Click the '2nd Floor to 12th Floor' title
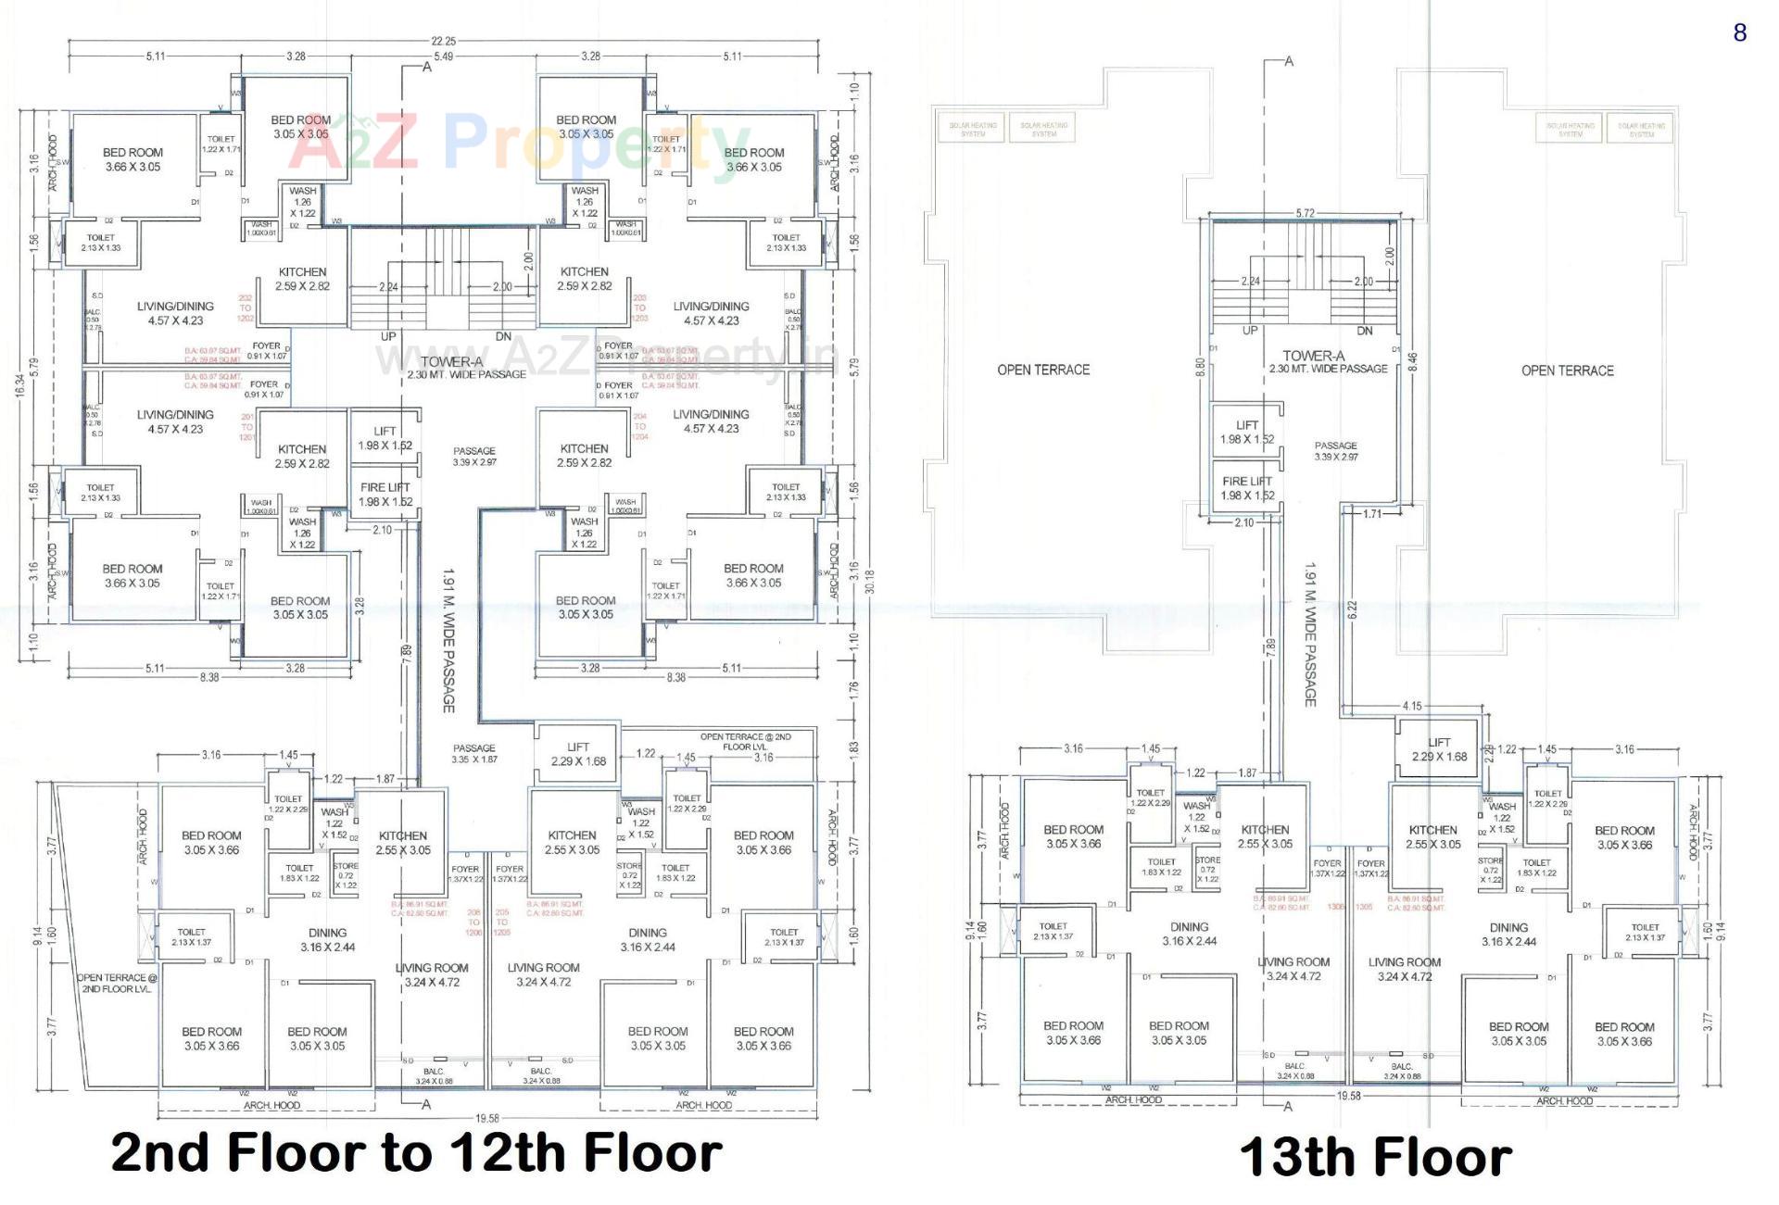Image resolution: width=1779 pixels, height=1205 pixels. [416, 1153]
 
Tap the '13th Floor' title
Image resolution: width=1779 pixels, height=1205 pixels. [1375, 1158]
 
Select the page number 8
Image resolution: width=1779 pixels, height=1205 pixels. [1739, 33]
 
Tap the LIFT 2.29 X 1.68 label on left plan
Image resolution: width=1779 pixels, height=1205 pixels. [577, 754]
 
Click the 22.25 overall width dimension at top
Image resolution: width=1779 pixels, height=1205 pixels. [443, 41]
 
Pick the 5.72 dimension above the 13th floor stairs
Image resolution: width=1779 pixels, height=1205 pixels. [1305, 213]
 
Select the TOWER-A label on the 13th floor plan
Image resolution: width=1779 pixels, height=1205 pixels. [1314, 356]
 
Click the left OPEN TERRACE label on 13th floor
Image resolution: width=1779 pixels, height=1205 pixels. [1043, 370]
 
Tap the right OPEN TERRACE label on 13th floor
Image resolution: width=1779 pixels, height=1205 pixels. [1567, 370]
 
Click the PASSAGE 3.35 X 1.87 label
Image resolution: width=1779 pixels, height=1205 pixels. [474, 753]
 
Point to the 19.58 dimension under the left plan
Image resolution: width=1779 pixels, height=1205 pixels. [486, 1118]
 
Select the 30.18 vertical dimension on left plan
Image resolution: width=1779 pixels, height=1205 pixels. [869, 582]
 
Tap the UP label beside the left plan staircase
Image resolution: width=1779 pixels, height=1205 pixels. [388, 336]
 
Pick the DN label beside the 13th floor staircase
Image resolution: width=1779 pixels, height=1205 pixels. [1364, 331]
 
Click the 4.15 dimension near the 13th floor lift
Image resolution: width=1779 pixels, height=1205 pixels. [1411, 706]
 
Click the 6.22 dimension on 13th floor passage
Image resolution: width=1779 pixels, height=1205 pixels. [1352, 609]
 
